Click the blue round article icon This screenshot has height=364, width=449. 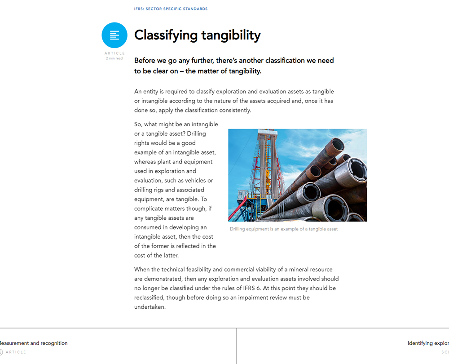pyautogui.click(x=114, y=35)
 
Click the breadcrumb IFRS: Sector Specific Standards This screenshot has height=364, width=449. pyautogui.click(x=171, y=9)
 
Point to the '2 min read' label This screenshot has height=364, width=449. pyautogui.click(x=114, y=58)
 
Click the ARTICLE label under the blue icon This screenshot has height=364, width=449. pyautogui.click(x=114, y=53)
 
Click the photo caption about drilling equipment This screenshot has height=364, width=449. pyautogui.click(x=283, y=229)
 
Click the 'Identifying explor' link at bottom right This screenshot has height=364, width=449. pyautogui.click(x=428, y=343)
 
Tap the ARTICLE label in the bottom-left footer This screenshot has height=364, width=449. pyautogui.click(x=16, y=352)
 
